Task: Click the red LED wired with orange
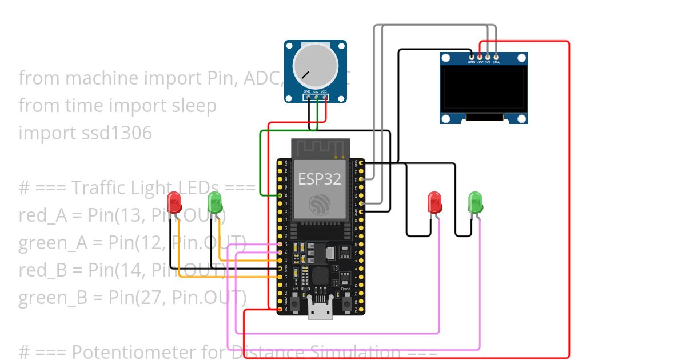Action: point(174,202)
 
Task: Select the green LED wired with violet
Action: point(475,202)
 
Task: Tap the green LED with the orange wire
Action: point(214,202)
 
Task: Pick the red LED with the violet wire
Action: point(435,202)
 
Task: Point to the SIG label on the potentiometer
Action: point(316,91)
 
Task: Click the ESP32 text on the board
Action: point(320,179)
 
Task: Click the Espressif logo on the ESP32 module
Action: point(320,205)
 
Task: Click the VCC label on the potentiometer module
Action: point(324,91)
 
